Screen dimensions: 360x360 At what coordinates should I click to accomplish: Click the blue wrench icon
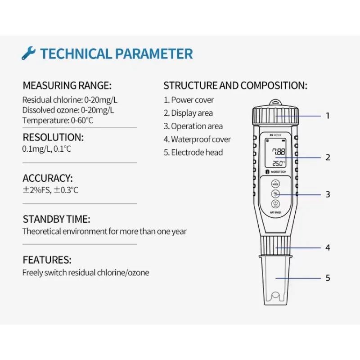pos(29,53)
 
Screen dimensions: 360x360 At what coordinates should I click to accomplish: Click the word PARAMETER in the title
pos(154,54)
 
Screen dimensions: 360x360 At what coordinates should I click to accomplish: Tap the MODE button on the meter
pos(275,184)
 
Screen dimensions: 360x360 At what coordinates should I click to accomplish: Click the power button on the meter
pos(275,204)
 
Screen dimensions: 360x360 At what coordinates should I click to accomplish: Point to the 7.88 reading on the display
pos(279,152)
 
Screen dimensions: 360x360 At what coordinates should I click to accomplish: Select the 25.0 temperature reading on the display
pos(278,163)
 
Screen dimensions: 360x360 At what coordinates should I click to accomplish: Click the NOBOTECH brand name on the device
pos(278,172)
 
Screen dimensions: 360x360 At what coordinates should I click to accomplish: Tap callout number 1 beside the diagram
pos(328,116)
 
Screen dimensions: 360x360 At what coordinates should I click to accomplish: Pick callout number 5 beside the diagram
pos(328,278)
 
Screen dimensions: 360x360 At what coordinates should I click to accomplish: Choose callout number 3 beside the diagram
pos(328,194)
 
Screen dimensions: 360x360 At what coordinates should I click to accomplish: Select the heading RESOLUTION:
pos(53,137)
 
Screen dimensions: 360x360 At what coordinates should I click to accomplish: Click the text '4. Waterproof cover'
pos(197,139)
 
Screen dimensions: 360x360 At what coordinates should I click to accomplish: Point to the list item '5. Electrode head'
pos(193,153)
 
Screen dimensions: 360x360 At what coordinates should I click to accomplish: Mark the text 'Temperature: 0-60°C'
pos(58,120)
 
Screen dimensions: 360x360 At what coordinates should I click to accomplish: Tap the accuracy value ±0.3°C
pos(66,190)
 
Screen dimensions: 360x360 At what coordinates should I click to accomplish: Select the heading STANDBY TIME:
pos(57,219)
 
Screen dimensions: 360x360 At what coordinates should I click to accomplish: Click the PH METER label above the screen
pos(275,135)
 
